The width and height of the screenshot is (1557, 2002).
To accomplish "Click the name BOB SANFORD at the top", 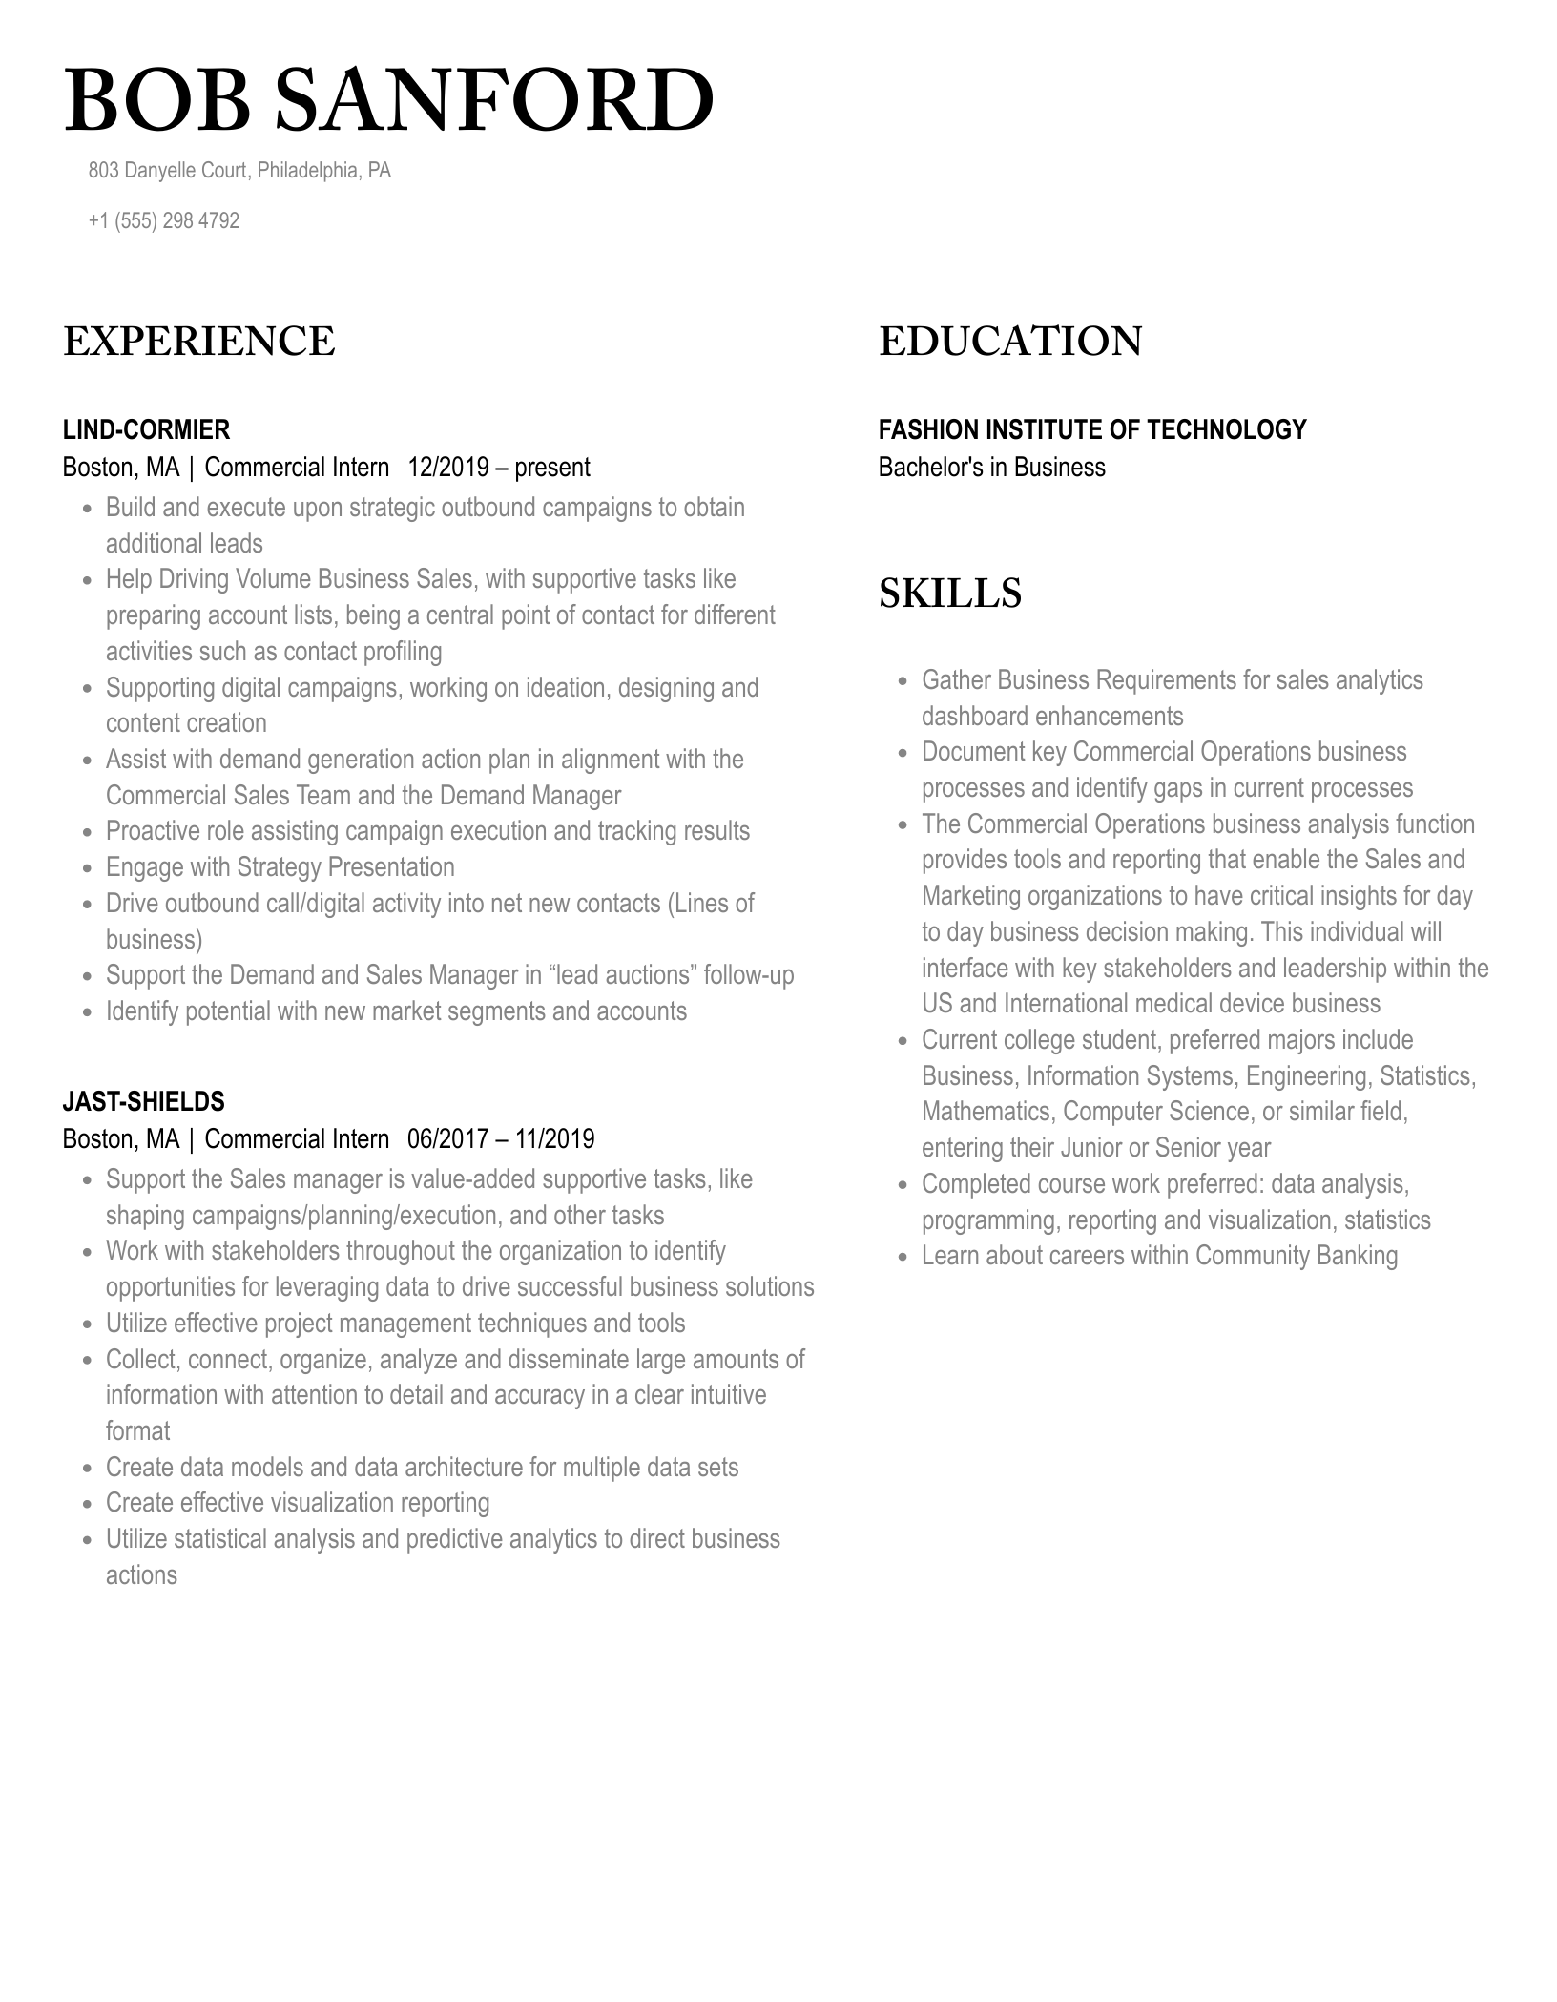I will [388, 101].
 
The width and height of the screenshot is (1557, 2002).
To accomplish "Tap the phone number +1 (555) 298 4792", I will [163, 220].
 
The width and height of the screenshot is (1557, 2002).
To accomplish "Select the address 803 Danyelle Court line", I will [239, 171].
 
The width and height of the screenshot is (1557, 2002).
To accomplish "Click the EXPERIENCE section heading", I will [198, 342].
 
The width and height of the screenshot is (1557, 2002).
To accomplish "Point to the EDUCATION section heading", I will [1009, 342].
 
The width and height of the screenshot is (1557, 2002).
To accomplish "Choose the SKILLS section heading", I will [949, 593].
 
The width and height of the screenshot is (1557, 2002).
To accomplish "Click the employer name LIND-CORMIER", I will [146, 429].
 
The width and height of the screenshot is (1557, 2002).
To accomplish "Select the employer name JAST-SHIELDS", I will [143, 1101].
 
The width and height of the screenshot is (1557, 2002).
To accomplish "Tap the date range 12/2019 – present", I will [498, 468].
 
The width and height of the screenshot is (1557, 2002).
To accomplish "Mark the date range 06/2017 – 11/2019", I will [500, 1139].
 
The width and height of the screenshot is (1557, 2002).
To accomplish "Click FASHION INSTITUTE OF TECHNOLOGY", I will [1091, 429].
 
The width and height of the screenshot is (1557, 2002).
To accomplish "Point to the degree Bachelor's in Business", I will [991, 468].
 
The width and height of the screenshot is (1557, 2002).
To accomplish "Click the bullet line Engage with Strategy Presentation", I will [280, 867].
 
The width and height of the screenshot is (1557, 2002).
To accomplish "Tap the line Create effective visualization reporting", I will [297, 1503].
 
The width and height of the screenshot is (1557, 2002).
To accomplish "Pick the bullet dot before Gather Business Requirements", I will [903, 681].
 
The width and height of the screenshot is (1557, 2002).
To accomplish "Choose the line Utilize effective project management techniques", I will [395, 1324].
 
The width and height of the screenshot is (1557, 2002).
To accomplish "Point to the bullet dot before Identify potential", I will [87, 1012].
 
